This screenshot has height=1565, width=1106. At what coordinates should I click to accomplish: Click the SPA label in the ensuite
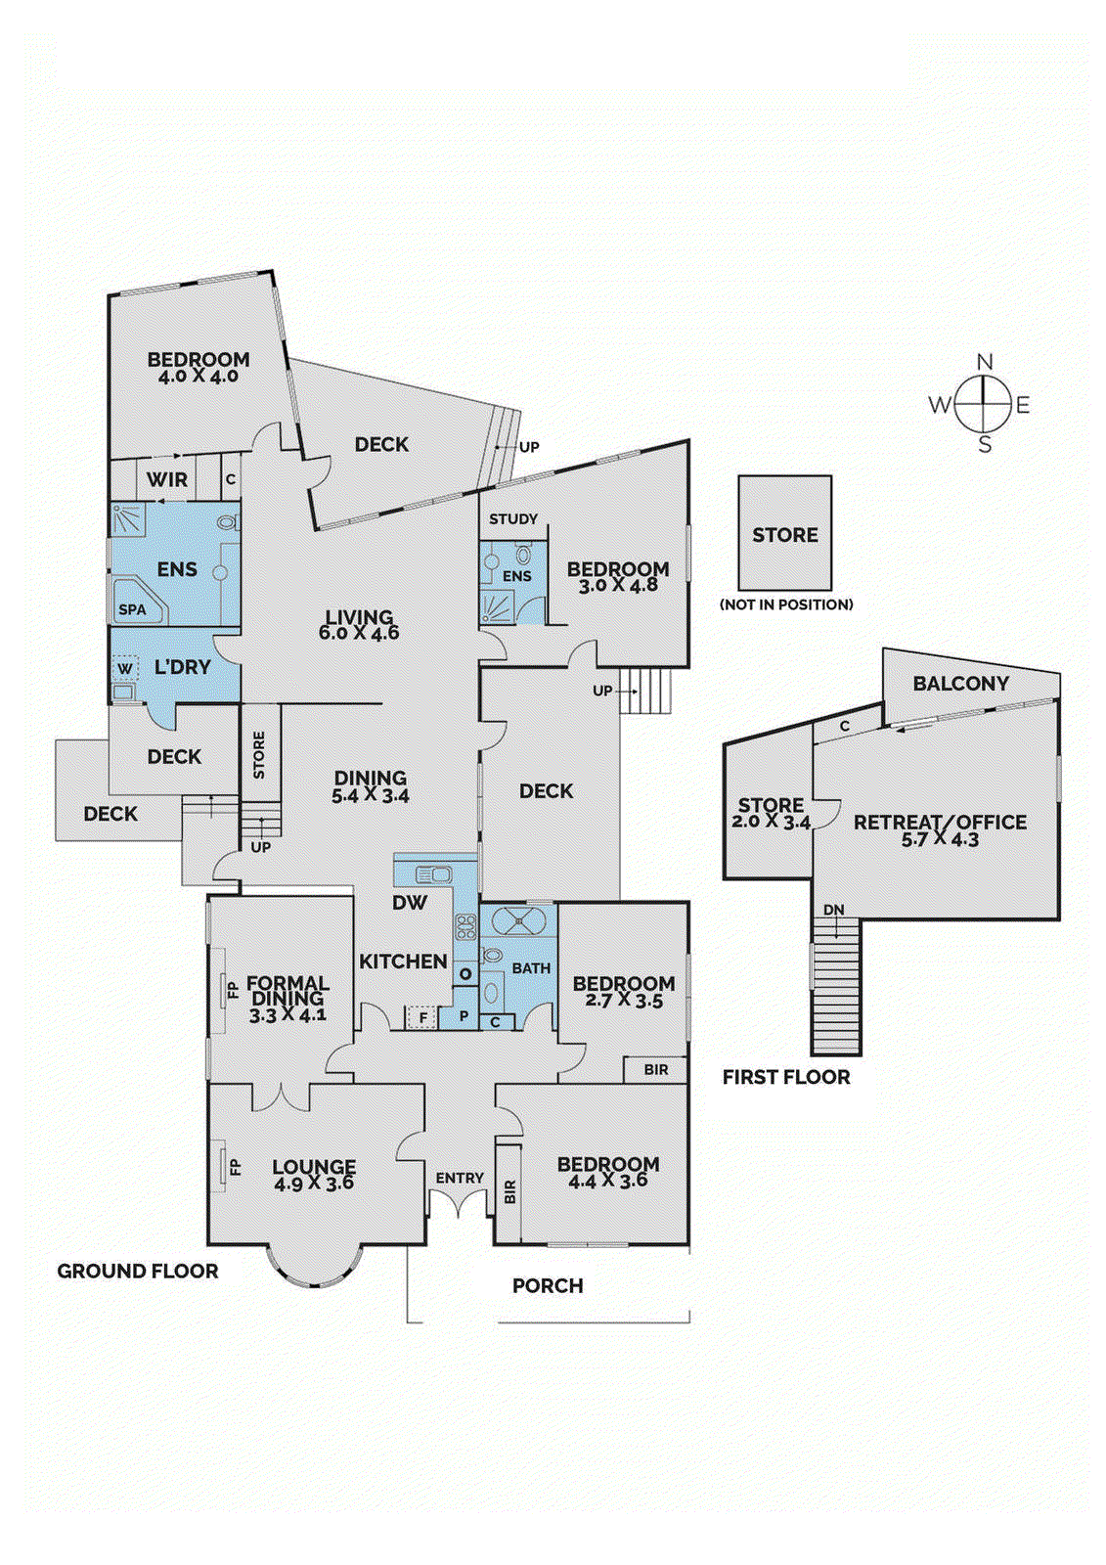point(132,609)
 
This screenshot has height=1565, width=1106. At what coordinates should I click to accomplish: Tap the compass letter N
point(984,362)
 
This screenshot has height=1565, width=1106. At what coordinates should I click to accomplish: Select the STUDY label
point(513,518)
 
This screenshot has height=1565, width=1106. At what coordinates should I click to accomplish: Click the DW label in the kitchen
point(410,903)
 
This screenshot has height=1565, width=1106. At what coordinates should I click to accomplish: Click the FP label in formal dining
point(233,989)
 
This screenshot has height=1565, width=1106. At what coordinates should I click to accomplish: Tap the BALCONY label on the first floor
point(960,684)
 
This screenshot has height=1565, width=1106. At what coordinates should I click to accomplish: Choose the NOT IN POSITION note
point(786,604)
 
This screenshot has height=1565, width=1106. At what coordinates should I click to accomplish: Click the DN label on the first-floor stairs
point(833,910)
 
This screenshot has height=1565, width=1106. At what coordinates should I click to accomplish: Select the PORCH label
point(548,1285)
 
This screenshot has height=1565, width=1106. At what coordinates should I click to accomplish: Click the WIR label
point(167,479)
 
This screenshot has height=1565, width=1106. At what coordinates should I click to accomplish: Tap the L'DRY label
point(183,667)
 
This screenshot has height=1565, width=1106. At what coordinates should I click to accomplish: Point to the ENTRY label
point(460,1178)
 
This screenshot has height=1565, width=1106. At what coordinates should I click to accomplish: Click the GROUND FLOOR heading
point(138,1271)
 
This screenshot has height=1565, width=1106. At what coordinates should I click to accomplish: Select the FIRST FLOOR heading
point(786,1077)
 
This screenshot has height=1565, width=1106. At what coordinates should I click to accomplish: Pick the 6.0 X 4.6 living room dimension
point(359,633)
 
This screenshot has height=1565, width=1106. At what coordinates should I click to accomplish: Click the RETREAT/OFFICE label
point(940,823)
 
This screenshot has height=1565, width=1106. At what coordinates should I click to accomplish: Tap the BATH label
point(531,968)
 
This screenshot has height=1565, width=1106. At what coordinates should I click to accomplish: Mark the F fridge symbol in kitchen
point(423,1018)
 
